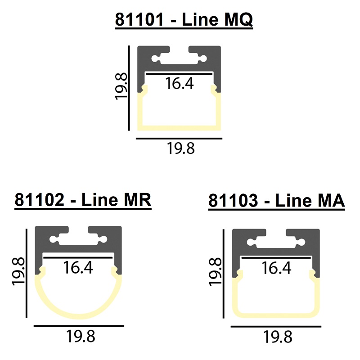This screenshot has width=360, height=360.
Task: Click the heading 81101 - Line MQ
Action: pos(184,19)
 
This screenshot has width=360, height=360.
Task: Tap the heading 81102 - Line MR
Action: pos(83,200)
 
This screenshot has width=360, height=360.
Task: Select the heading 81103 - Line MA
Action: pos(276,200)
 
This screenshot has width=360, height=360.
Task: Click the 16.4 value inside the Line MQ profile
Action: pos(179,83)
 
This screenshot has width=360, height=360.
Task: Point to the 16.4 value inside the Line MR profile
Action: pos(78,267)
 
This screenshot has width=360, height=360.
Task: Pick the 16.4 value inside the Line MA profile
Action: pos(276,268)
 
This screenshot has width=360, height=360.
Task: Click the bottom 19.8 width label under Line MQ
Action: pos(181,148)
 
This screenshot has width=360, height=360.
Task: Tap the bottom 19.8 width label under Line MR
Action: pos(81,336)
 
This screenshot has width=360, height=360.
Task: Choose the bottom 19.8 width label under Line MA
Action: pos(278,337)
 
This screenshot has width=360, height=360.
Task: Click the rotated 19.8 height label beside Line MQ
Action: pos(121,86)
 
